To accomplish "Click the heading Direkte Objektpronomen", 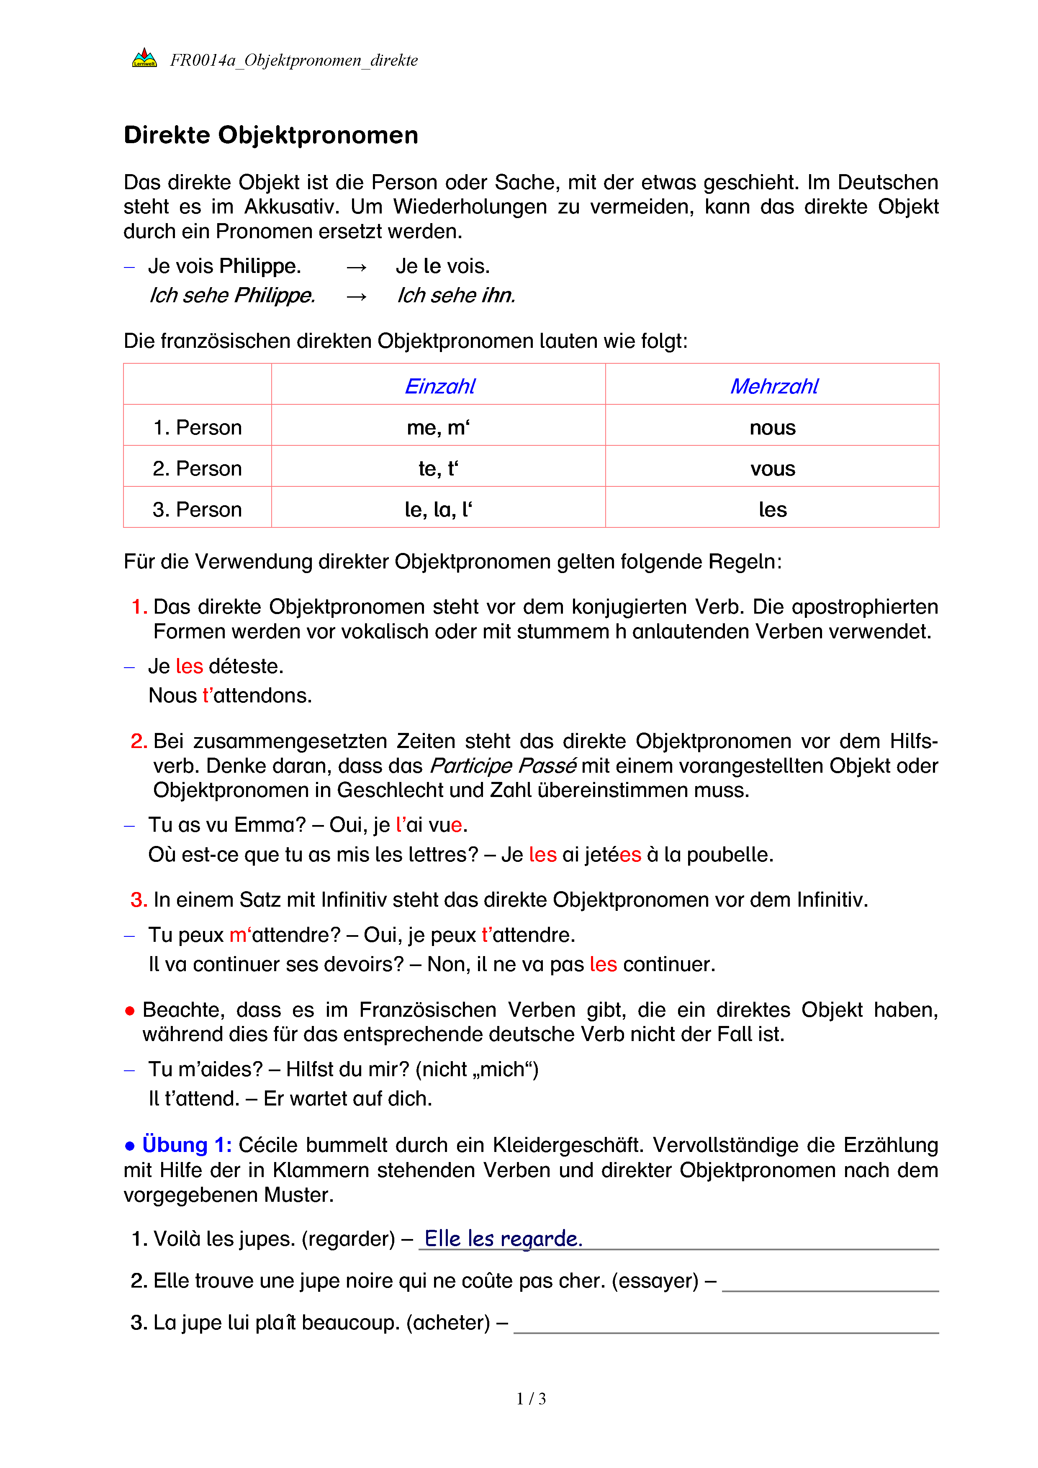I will coord(271,136).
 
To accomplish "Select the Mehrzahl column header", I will coord(773,386).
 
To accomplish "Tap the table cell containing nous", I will coord(772,427).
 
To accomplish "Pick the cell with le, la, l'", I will coord(439,509).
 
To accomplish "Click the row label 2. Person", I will coord(197,468).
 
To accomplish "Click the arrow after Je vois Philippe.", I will coord(356,267).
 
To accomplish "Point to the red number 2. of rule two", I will coord(139,741).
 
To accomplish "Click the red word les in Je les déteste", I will coord(189,666).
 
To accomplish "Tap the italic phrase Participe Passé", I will coord(503,765).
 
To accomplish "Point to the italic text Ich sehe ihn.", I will coord(456,296).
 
